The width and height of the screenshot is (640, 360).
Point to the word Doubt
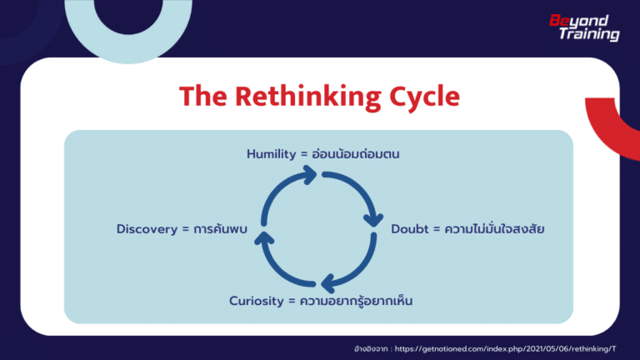click(x=409, y=227)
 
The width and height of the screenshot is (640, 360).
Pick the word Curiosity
click(x=257, y=301)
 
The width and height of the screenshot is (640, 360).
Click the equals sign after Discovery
click(x=185, y=227)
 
